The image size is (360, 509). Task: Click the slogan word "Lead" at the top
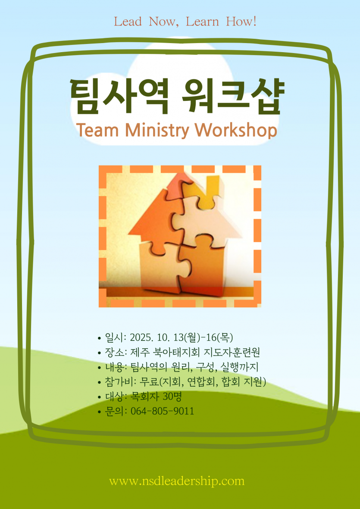(x=128, y=22)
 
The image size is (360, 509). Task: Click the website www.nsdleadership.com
(x=177, y=481)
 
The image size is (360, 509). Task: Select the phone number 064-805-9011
(x=162, y=411)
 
